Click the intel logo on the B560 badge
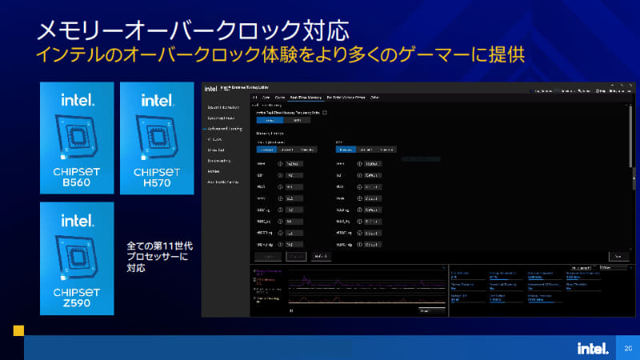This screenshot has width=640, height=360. coord(78,101)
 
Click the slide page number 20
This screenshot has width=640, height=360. coord(628,348)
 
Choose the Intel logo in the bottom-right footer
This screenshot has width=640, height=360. coord(594,348)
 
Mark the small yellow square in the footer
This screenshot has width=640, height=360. coord(18,329)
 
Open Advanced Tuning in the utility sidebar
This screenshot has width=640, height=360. coord(225,128)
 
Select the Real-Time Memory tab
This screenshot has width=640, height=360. coord(304,97)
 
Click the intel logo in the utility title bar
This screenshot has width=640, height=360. coord(211,89)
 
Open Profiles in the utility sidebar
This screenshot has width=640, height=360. coord(214,171)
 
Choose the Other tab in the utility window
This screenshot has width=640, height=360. coord(374,97)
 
